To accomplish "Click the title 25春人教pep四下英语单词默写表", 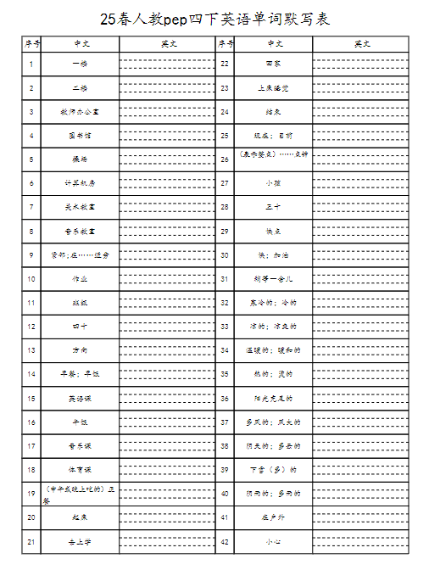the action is [x=214, y=17].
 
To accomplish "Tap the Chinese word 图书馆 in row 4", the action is [x=81, y=135].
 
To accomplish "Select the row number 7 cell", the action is [x=31, y=206].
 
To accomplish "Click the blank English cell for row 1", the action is [x=168, y=64].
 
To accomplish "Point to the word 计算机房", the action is [x=81, y=182].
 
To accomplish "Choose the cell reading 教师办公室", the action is [x=81, y=111].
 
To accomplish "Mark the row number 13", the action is [x=31, y=349].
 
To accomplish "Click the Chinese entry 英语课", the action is [x=81, y=397].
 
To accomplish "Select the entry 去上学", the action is [x=81, y=540].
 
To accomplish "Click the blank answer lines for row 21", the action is [x=168, y=540].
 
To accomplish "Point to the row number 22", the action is [x=225, y=64].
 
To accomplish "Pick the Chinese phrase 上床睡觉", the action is [x=273, y=87].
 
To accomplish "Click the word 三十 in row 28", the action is [x=273, y=206].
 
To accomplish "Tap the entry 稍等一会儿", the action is [x=273, y=278].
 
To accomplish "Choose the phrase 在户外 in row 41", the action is [x=273, y=517].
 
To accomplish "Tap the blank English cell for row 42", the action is [x=360, y=540].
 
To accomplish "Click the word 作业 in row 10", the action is [x=81, y=278].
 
